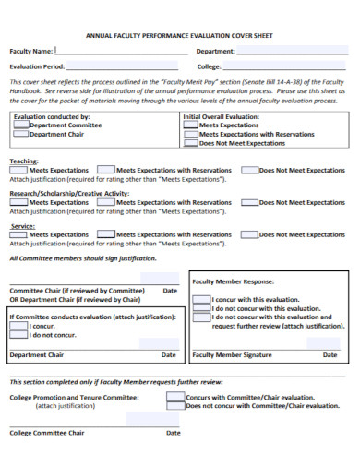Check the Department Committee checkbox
pos(20,125)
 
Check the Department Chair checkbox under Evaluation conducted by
pos(20,135)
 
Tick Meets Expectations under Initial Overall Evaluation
pos(190,125)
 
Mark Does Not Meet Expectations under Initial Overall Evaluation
pos(190,144)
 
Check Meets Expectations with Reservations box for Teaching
pos(106,170)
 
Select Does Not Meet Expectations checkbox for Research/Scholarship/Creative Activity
pos(249,202)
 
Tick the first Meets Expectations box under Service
pos(18,234)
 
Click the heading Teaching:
pos(24,161)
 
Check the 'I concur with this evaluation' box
pos(200,300)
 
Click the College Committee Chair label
pos(47,432)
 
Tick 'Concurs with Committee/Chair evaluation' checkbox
pos(174,397)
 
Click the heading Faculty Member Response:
pos(233,281)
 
